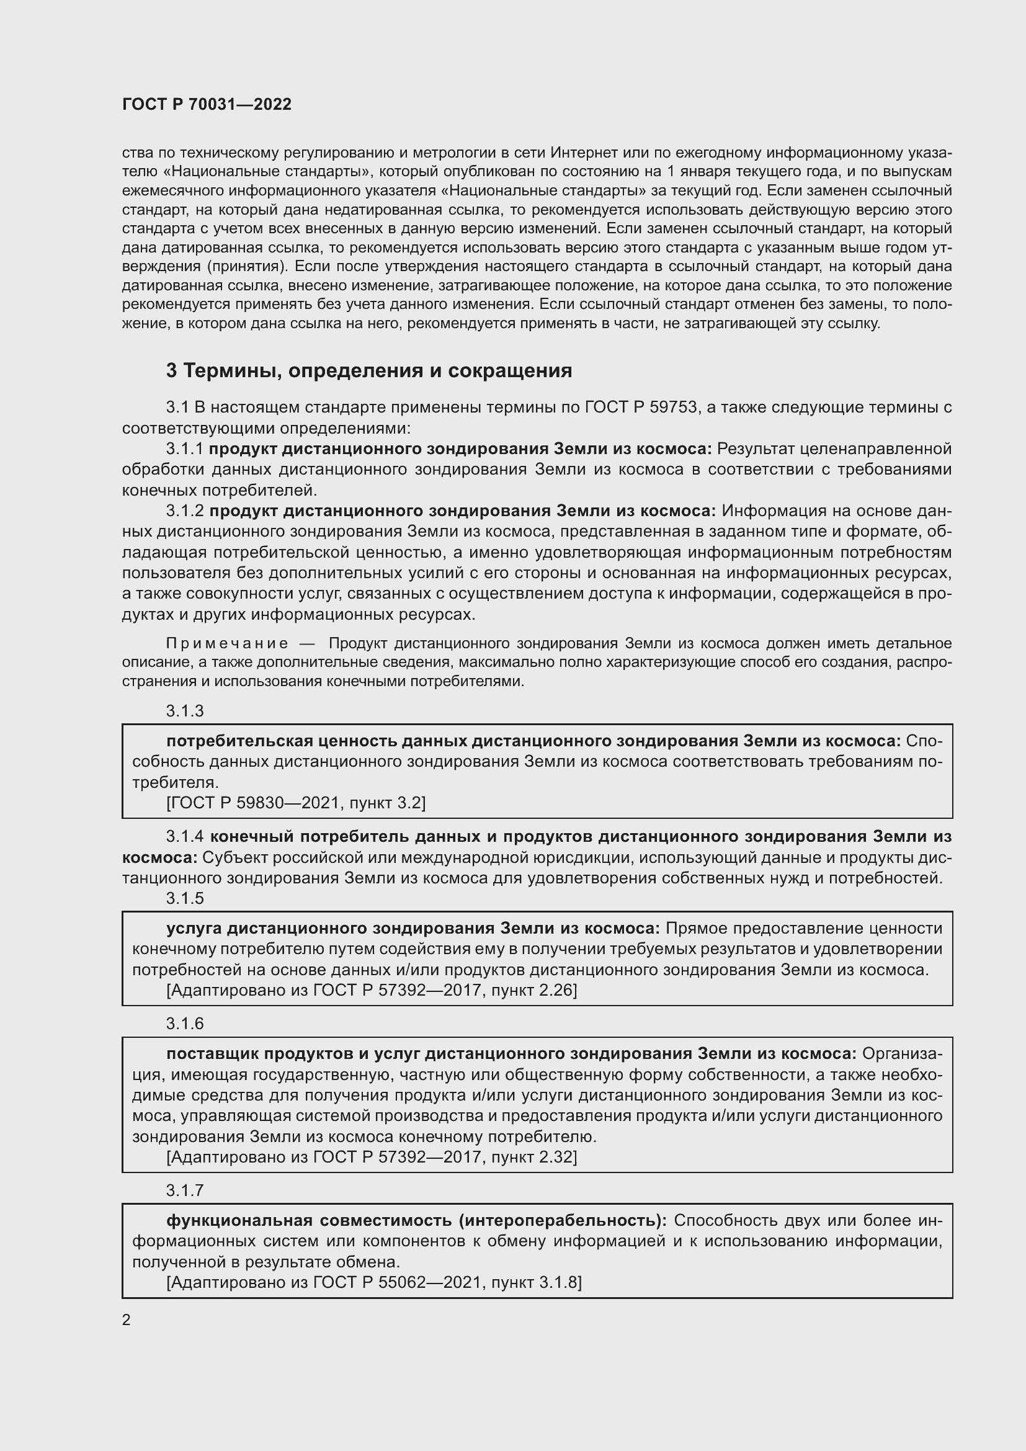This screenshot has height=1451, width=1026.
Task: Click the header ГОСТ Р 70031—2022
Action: [207, 104]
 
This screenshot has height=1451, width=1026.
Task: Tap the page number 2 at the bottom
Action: [127, 1320]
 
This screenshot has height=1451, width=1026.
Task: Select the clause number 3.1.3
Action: [184, 711]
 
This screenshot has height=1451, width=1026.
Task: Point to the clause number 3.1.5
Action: [184, 899]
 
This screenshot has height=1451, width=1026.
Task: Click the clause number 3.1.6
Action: [184, 1024]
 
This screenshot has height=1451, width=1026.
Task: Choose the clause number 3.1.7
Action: [184, 1190]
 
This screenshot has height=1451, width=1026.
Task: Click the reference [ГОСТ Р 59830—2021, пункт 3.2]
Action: [296, 803]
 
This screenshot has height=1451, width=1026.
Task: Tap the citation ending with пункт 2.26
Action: [372, 990]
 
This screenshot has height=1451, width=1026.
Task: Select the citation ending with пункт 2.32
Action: [372, 1157]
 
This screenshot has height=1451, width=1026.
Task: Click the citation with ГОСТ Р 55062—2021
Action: [374, 1282]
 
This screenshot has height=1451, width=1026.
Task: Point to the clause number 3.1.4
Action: [184, 837]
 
